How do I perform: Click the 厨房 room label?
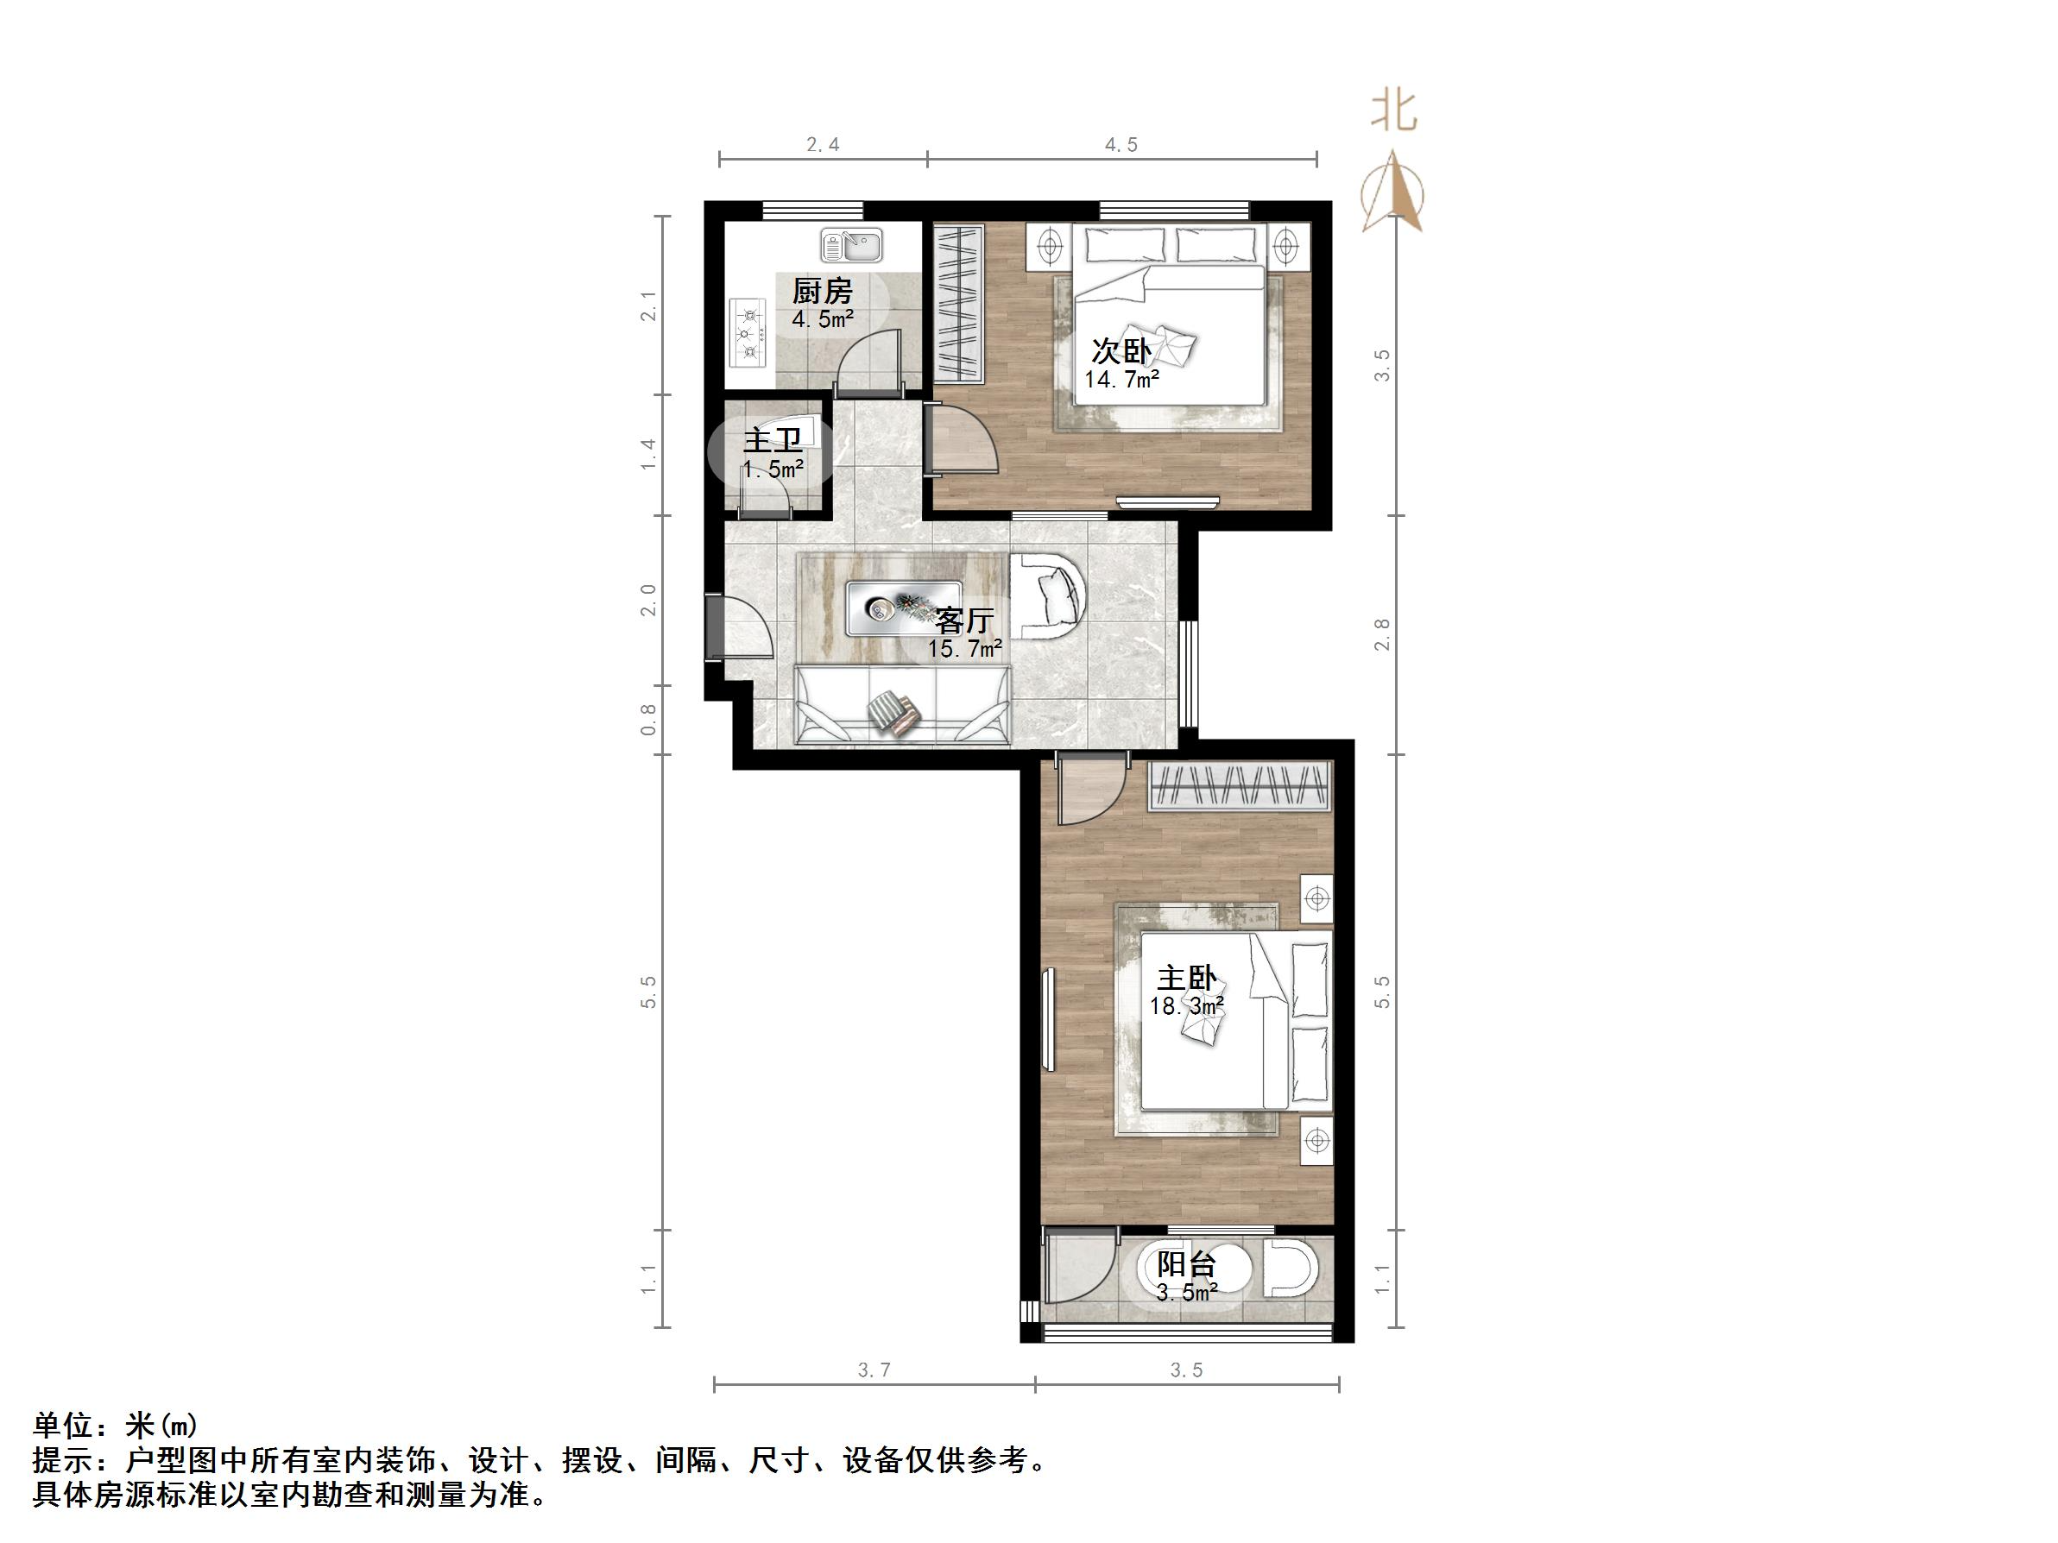823,292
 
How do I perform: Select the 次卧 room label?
1121,351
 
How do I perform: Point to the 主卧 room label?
1186,978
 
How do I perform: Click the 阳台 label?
1186,1265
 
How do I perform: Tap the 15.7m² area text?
964,648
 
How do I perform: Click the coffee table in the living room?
252,608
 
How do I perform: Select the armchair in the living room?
1048,596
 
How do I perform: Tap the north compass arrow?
1392,192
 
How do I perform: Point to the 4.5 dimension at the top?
1121,144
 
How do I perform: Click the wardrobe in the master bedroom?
1240,786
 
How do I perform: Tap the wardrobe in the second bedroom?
958,302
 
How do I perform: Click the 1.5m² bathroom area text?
773,469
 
